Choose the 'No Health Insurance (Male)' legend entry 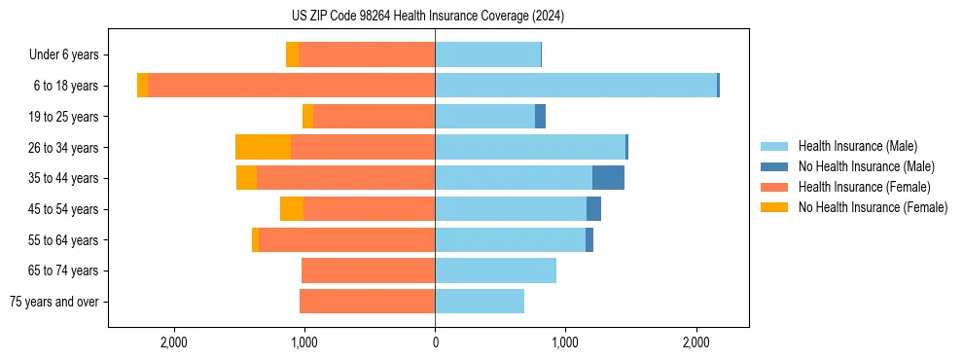[866, 166]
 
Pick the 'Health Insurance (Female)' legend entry [864, 187]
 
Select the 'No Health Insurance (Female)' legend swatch [774, 207]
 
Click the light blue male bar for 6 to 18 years [576, 86]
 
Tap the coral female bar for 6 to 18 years [291, 86]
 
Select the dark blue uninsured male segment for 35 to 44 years [608, 178]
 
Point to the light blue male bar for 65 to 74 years [495, 270]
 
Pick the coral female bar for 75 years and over [367, 302]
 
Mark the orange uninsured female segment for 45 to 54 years [292, 209]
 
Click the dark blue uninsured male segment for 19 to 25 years [540, 117]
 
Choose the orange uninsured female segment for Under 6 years [292, 54]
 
